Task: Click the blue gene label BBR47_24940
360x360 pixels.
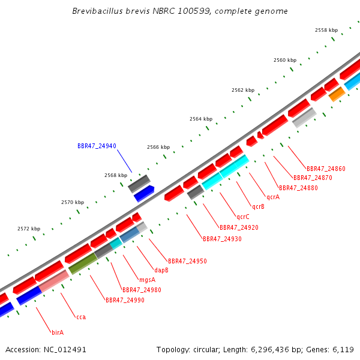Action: tap(97, 146)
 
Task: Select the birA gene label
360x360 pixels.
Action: tap(58, 332)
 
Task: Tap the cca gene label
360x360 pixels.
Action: tap(81, 317)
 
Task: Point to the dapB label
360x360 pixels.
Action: tap(161, 270)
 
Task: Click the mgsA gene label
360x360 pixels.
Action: tap(148, 280)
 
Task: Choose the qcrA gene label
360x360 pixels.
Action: tap(273, 197)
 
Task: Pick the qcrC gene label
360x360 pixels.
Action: tap(242, 217)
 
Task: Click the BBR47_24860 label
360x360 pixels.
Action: tap(326, 169)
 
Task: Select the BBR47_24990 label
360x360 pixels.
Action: tap(125, 300)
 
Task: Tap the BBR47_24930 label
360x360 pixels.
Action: tap(222, 239)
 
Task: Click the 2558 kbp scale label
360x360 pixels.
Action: tap(326, 30)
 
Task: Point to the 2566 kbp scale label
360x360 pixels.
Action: tap(158, 147)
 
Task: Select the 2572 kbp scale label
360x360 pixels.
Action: tap(29, 229)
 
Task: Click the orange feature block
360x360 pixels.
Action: tap(337, 94)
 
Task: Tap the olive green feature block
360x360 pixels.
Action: tap(83, 263)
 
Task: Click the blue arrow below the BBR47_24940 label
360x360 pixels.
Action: tap(144, 194)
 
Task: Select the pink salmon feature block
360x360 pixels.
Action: tap(54, 281)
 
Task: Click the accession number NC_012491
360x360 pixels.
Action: tap(65, 349)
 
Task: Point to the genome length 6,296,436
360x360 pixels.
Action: tap(270, 349)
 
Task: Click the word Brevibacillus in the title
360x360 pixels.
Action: tap(98, 11)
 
